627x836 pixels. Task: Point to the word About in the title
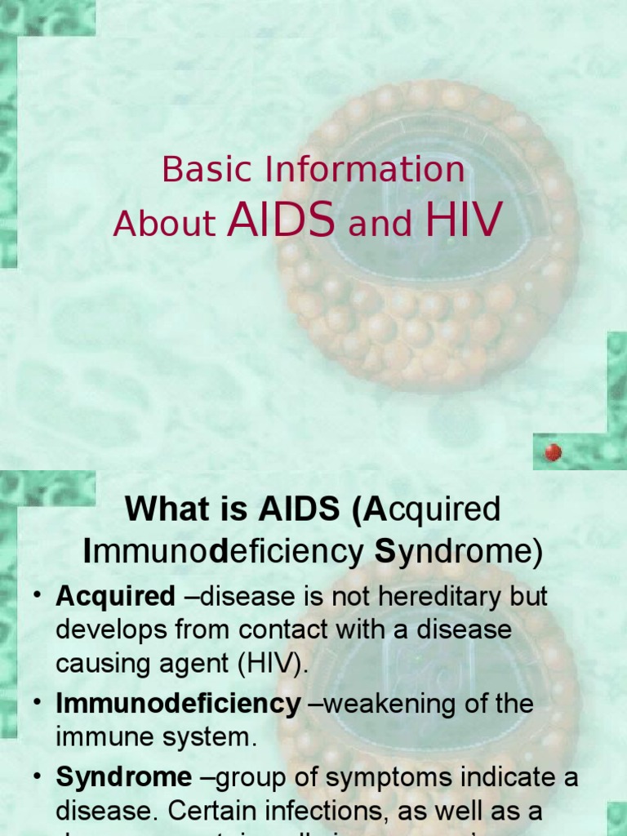[x=164, y=224]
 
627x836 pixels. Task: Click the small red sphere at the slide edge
[x=554, y=451]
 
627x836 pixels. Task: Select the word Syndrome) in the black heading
[x=458, y=552]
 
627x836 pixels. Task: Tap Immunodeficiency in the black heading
[x=223, y=552]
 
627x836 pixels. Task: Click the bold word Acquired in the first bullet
[x=115, y=597]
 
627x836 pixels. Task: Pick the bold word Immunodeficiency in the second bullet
[x=178, y=704]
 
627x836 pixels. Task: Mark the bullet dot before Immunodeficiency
[x=38, y=704]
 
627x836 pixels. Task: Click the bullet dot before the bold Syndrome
[x=38, y=777]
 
